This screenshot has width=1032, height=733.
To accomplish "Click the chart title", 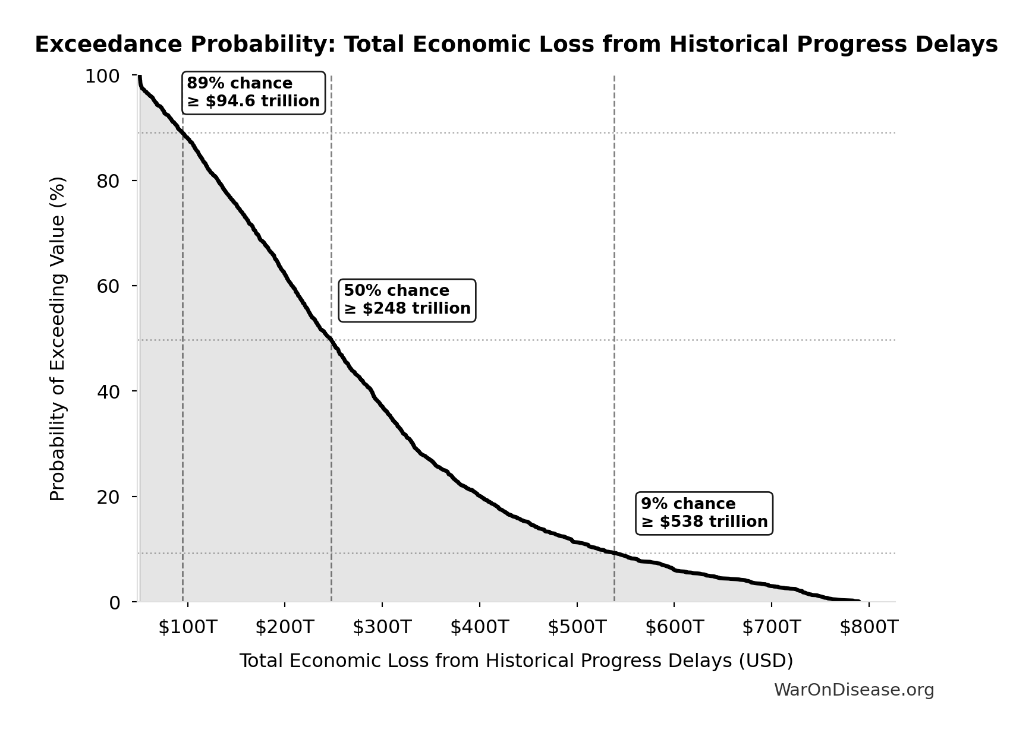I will point(516,45).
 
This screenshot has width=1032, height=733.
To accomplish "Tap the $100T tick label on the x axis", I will point(187,627).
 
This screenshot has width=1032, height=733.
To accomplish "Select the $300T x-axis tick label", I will point(382,627).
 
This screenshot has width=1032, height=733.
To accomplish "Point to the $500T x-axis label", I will point(577,627).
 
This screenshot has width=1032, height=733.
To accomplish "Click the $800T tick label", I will point(869,627).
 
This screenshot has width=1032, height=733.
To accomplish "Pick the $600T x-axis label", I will point(674,627).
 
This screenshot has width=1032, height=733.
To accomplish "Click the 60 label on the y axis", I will point(108,286).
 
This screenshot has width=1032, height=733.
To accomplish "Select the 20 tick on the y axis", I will point(108,497).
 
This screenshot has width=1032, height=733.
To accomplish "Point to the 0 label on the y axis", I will point(114,602).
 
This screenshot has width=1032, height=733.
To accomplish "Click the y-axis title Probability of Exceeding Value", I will point(57,339).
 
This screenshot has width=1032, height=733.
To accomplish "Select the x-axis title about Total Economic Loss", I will point(516,661).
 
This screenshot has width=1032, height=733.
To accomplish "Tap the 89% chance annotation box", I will point(253,93).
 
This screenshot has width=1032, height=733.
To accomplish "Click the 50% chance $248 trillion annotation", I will point(407,300).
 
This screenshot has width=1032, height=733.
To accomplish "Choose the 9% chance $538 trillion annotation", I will point(704,513).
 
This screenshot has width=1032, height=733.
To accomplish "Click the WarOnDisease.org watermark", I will point(854,690).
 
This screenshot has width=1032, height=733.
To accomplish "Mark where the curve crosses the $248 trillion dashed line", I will point(331,340).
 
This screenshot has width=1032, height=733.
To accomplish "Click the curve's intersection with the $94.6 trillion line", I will point(183,133).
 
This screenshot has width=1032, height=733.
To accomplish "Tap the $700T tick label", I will point(771,627).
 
